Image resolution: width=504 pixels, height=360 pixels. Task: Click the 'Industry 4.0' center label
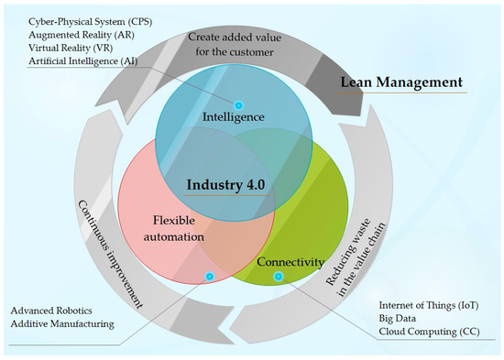tap(225, 184)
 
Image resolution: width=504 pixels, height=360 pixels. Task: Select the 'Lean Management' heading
tap(401, 82)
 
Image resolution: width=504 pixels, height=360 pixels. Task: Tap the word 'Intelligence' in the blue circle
tap(235, 117)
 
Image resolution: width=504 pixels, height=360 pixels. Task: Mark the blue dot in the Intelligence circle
tap(239, 105)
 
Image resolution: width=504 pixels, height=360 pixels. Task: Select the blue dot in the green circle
tap(279, 276)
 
